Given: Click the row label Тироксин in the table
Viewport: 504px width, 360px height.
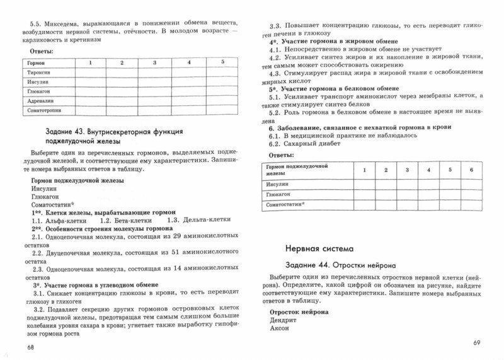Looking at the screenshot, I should pos(40,73).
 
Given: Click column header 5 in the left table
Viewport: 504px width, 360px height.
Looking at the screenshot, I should pos(222,62).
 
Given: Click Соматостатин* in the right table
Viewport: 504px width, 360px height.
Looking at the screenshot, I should pos(285,205).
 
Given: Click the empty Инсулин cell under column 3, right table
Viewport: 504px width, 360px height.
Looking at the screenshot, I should pos(406,184).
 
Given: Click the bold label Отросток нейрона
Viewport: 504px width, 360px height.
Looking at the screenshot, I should pos(299,310).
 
